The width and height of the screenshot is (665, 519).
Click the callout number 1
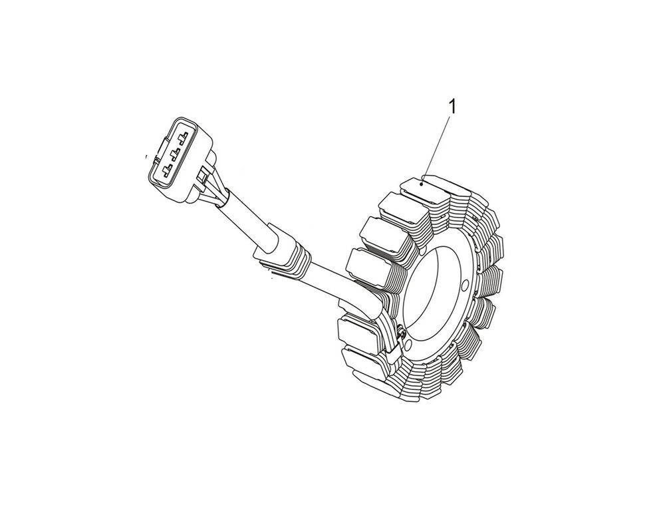(x=452, y=107)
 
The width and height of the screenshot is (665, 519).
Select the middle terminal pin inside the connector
(x=174, y=153)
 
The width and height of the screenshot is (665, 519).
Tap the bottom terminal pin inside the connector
(x=167, y=170)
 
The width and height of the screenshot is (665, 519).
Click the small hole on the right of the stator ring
(x=465, y=283)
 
